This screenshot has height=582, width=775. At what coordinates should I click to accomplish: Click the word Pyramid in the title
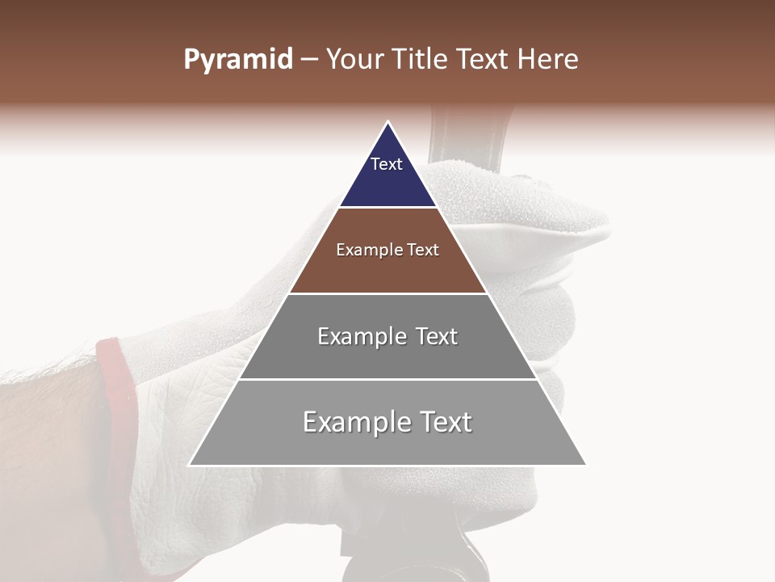pos(238,60)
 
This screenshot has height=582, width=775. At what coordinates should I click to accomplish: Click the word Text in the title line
pos(484,60)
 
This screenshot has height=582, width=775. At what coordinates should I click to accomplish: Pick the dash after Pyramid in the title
pos(309,60)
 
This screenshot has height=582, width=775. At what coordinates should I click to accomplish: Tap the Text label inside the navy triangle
pos(387,164)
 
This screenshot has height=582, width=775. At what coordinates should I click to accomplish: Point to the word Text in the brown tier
pos(423,250)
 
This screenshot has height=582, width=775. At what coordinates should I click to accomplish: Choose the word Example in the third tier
pos(361,336)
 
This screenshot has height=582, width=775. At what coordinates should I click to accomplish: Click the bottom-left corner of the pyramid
pos(190,465)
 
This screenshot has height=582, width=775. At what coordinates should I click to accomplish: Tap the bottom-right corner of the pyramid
pos(586,465)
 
